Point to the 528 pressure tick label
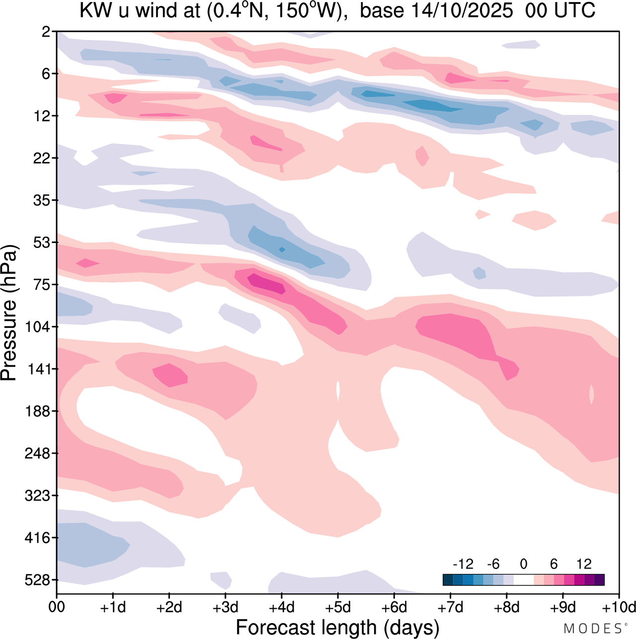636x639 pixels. click(x=37, y=580)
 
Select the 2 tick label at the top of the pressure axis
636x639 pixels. click(x=46, y=32)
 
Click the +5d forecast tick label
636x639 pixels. click(x=338, y=607)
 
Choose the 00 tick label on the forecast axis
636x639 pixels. click(x=57, y=607)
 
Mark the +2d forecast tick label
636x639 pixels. click(x=169, y=607)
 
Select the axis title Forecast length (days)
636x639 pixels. click(x=337, y=627)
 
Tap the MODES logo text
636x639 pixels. click(x=593, y=629)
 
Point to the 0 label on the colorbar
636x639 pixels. click(x=523, y=564)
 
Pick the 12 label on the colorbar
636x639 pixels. click(x=584, y=564)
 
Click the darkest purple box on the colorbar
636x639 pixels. click(x=599, y=580)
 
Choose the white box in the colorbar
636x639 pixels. click(x=523, y=580)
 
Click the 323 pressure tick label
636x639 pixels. click(x=37, y=496)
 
